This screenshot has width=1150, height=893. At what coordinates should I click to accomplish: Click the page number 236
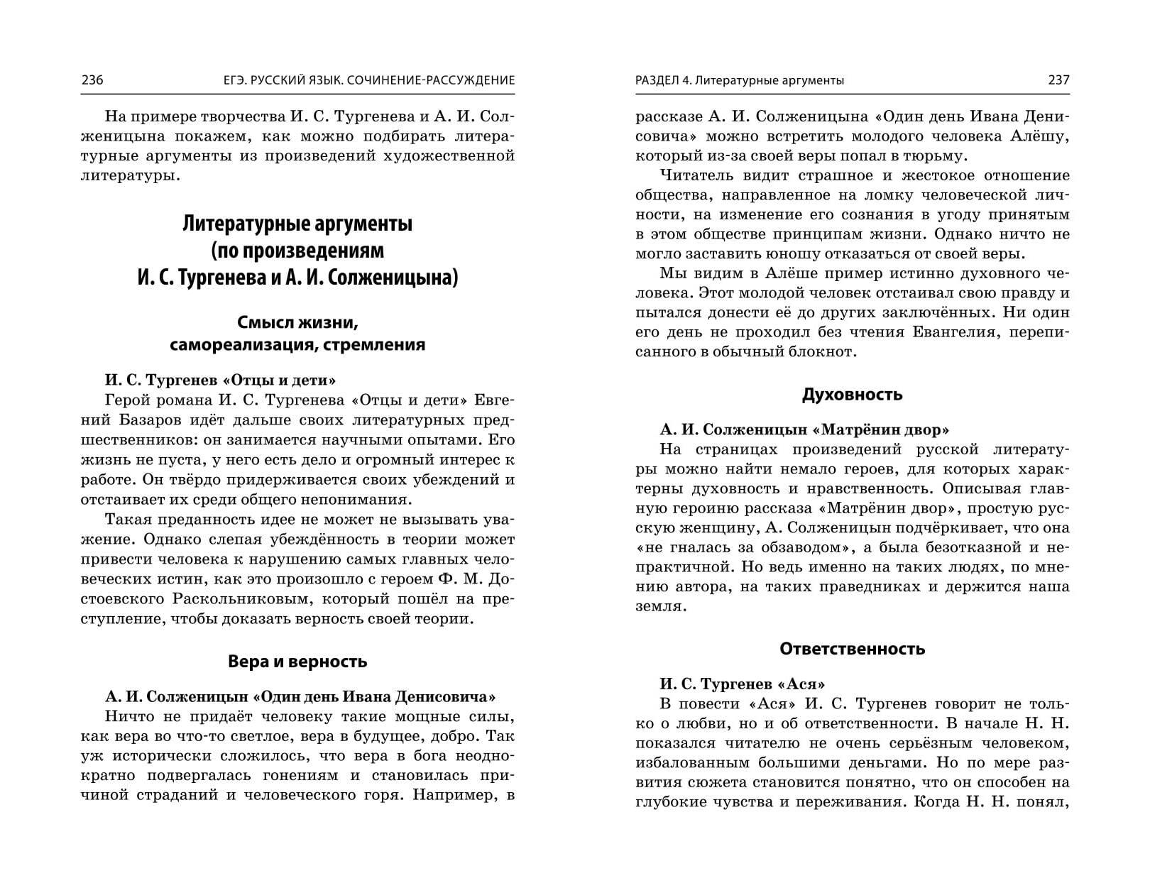[x=92, y=80]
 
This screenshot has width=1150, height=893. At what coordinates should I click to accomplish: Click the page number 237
[x=1058, y=80]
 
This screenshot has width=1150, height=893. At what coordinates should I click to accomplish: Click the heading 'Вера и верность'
[x=297, y=662]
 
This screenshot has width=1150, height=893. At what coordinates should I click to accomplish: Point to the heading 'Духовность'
[x=852, y=395]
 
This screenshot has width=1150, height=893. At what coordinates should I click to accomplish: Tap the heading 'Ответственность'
[x=852, y=649]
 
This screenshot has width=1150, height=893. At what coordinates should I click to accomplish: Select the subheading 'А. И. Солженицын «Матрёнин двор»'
[x=804, y=429]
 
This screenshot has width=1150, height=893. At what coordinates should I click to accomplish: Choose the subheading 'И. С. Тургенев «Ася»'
[x=742, y=684]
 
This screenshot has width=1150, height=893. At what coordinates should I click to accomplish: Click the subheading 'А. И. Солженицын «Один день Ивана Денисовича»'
[x=300, y=696]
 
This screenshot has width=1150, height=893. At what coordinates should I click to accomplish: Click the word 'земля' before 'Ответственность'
[x=659, y=607]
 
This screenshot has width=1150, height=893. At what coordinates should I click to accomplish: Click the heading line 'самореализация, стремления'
[x=297, y=345]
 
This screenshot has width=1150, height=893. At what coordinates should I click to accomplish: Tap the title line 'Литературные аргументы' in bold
[x=297, y=224]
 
